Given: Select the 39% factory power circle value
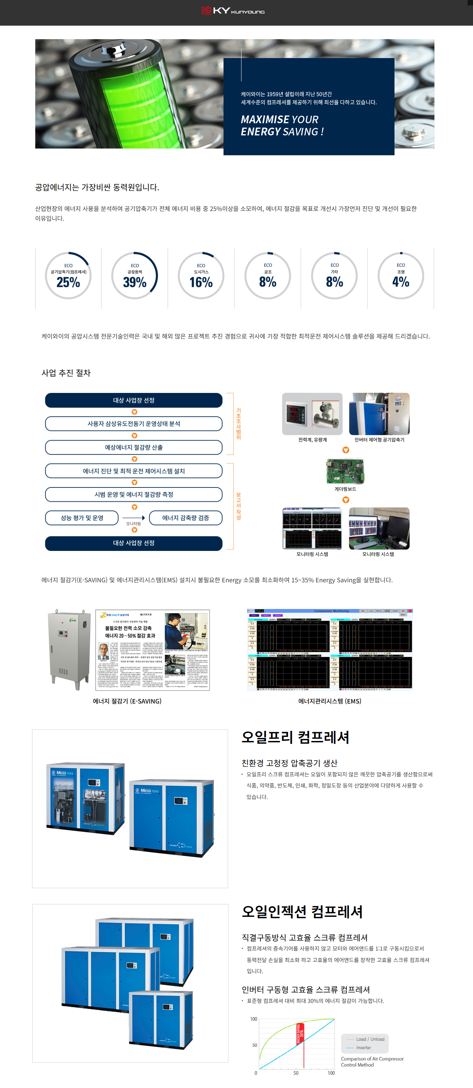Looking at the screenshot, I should point(134,282).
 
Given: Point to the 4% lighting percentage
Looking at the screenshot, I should point(400,282).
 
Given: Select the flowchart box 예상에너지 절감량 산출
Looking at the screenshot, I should point(133,447).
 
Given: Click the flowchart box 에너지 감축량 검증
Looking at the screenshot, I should point(185,518).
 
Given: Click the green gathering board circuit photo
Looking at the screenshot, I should point(345,471).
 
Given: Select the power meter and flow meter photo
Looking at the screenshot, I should point(312,414).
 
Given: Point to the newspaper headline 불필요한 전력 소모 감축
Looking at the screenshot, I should point(128,628).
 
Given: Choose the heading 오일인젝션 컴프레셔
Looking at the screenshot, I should point(302,911).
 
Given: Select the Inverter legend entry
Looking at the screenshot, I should point(363,1047).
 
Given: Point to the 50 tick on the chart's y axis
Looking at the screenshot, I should point(254,1045).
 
